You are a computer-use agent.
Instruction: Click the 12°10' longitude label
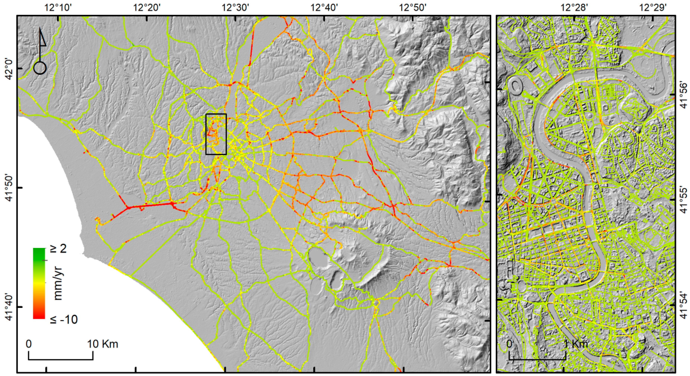(x=58, y=7)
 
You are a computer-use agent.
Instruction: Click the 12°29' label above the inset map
(x=654, y=7)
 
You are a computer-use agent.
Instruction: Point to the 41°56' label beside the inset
(x=683, y=94)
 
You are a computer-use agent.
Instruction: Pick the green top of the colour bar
(x=39, y=253)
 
